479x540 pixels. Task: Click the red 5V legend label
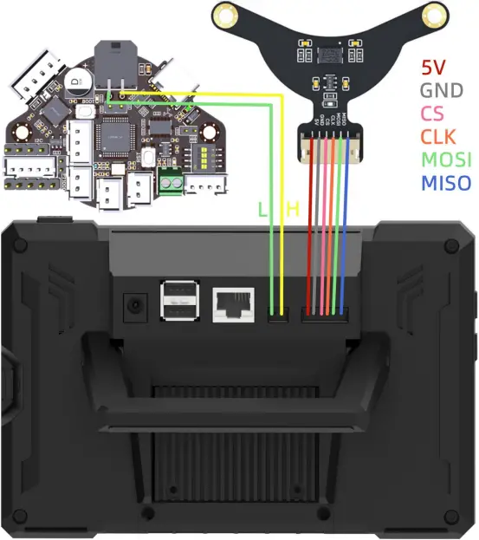pyautogui.click(x=434, y=67)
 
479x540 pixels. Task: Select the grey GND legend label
pyautogui.click(x=441, y=89)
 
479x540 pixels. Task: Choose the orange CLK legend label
pyautogui.click(x=438, y=136)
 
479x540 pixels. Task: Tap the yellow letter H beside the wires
pyautogui.click(x=293, y=209)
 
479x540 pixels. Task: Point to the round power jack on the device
pyautogui.click(x=135, y=305)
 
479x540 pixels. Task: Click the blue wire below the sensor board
pyautogui.click(x=345, y=225)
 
